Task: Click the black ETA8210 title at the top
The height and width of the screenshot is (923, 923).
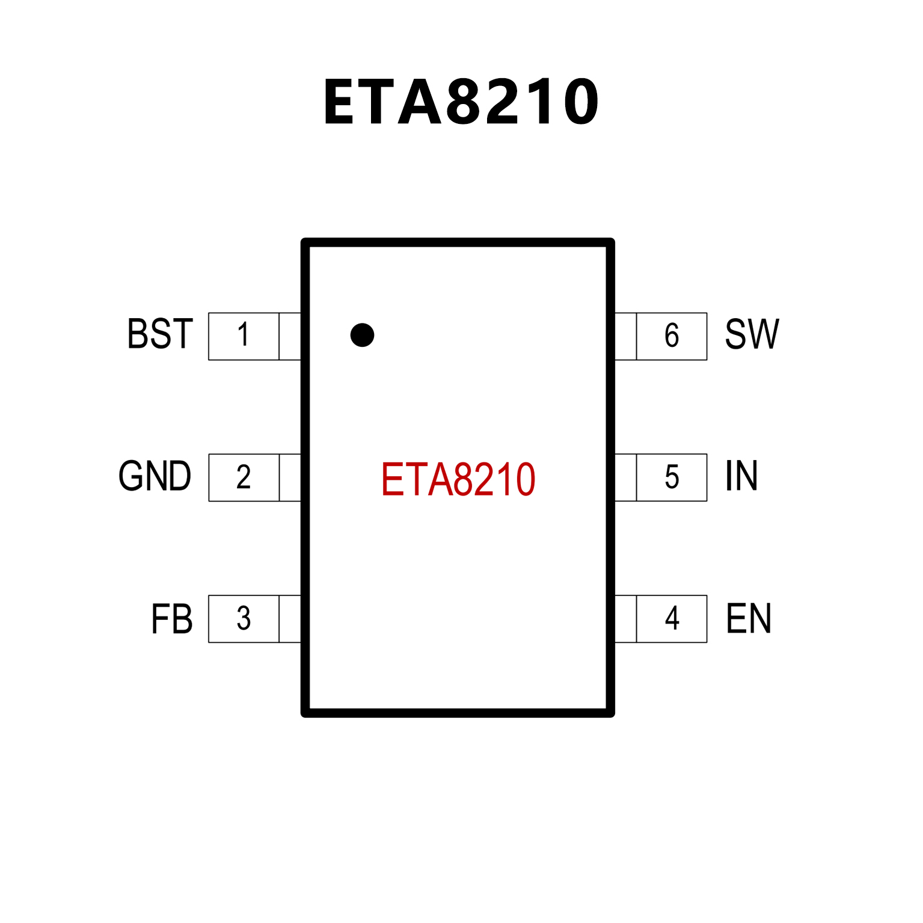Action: coord(461,102)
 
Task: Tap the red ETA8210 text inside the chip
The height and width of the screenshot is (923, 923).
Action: coord(458,479)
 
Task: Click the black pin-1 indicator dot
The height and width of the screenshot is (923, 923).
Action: coord(362,335)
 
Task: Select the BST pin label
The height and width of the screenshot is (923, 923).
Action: coord(160,334)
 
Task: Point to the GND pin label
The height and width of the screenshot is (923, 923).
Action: coord(155,476)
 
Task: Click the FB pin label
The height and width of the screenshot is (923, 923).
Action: coord(172,619)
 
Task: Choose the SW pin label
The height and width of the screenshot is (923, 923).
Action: coord(752,334)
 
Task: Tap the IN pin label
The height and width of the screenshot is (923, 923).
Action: coord(741,476)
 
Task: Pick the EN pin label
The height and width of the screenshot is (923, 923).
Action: coord(749,619)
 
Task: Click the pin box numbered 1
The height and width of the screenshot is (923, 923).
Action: coord(244,336)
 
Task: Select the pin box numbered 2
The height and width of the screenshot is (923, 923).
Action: coord(244,477)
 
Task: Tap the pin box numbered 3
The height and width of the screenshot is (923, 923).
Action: coord(244,619)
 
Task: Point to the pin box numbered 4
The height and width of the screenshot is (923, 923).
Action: coord(672,619)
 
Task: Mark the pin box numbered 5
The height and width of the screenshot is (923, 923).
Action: coord(672,477)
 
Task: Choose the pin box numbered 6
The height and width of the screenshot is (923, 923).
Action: coord(672,336)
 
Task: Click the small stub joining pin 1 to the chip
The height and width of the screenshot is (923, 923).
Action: coord(290,336)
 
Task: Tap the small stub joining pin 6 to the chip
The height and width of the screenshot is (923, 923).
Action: coord(625,336)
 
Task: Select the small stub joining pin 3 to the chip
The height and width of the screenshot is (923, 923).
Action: coord(290,619)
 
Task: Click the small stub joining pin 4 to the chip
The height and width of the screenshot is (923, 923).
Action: coord(625,619)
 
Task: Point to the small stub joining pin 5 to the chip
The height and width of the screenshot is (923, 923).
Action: coord(625,477)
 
